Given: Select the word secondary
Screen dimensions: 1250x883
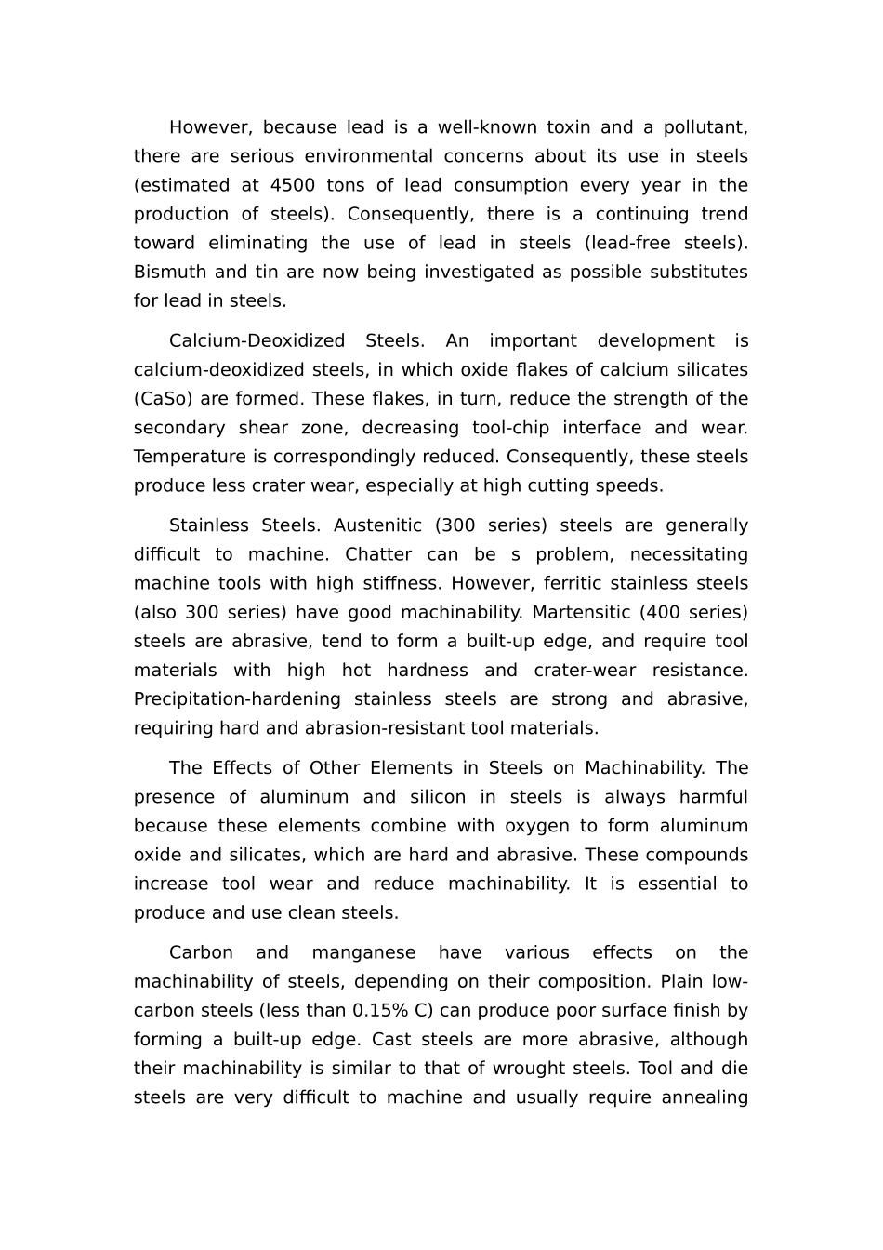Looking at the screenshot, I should coord(179,428).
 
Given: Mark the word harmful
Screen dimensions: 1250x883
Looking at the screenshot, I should coord(713,797).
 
